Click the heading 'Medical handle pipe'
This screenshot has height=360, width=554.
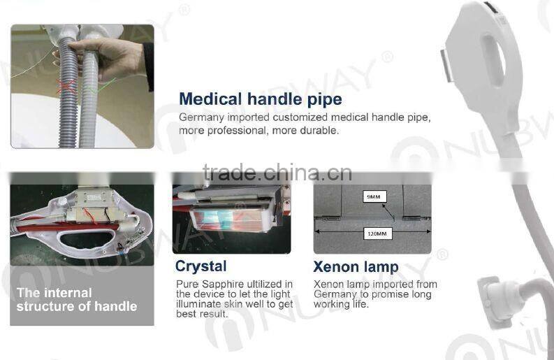pyautogui.click(x=261, y=99)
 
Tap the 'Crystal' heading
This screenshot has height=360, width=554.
pyautogui.click(x=201, y=266)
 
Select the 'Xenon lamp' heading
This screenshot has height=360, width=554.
pyautogui.click(x=356, y=266)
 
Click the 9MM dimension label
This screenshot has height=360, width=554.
pyautogui.click(x=374, y=196)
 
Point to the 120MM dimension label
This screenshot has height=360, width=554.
pyautogui.click(x=377, y=233)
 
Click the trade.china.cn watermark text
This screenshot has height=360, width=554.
pyautogui.click(x=277, y=173)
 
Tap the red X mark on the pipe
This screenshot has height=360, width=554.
pyautogui.click(x=66, y=87)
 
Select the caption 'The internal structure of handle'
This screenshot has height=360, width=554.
pyautogui.click(x=77, y=299)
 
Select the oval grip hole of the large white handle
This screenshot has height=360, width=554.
pyautogui.click(x=493, y=60)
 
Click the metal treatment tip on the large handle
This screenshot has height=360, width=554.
pyautogui.click(x=447, y=66)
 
